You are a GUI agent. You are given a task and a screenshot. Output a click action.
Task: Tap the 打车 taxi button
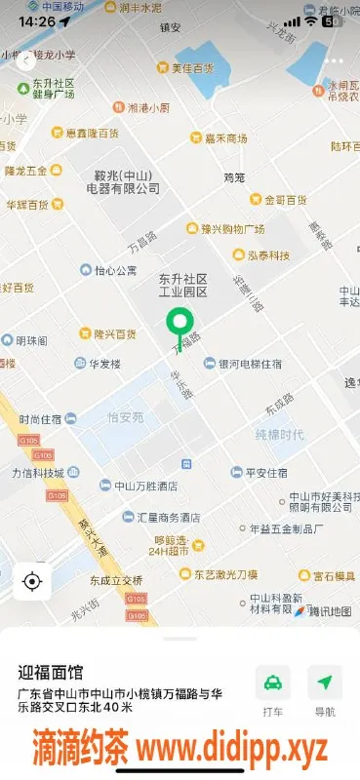272,689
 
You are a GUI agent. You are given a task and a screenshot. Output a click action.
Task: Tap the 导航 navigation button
324,689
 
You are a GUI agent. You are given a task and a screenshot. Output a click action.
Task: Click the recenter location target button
32,582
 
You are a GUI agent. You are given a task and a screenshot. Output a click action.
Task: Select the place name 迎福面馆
51,672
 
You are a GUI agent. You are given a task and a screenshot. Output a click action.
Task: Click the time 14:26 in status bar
37,20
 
